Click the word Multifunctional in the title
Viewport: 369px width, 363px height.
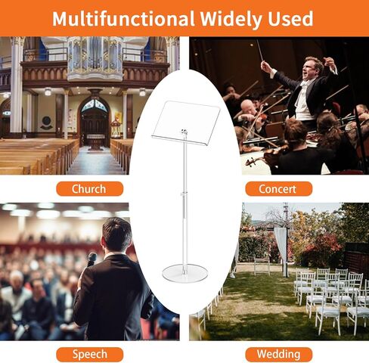coord(123,19)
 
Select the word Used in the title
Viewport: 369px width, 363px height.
coord(290,19)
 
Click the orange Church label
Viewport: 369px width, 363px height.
coord(89,189)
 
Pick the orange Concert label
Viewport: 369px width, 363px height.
coord(278,189)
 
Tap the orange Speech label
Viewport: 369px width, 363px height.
coord(89,354)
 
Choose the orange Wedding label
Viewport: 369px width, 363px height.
coord(278,354)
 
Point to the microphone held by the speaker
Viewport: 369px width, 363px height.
coord(91,259)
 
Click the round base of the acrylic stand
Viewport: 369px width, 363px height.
coord(185,272)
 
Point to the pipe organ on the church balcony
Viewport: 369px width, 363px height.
coord(95,57)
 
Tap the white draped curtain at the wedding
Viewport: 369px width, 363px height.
coord(280,247)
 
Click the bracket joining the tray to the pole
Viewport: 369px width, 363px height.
coord(184,132)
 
